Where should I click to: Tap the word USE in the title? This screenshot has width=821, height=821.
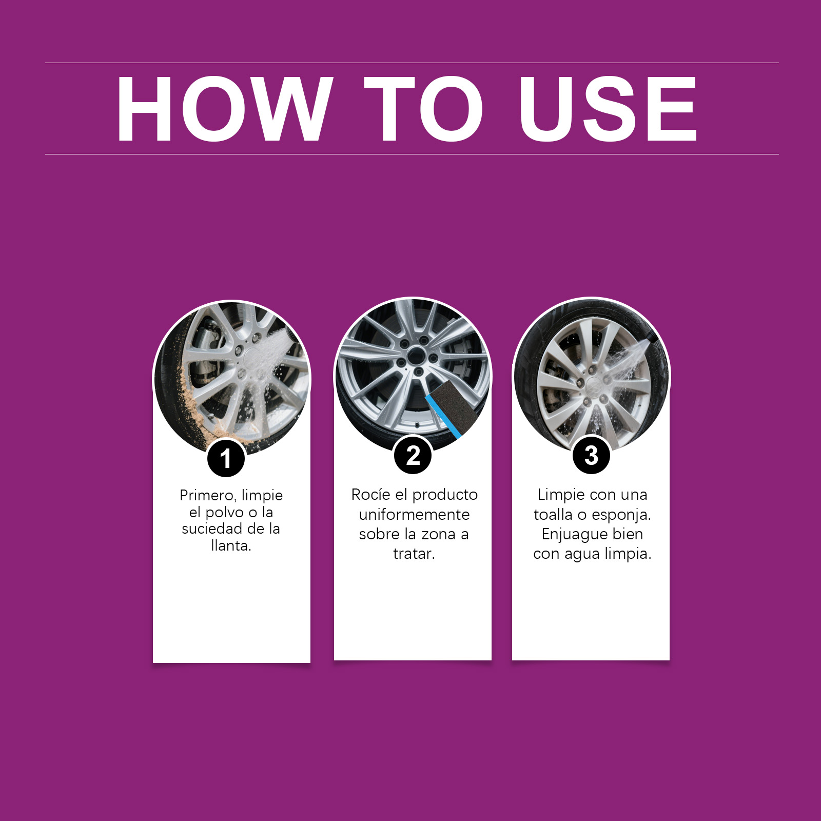click(608, 108)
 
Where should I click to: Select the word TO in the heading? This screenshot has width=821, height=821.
click(424, 108)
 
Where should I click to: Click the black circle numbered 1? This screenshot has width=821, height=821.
click(226, 458)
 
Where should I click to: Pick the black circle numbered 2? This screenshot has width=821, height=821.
click(413, 456)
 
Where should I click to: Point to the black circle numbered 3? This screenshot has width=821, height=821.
click(591, 455)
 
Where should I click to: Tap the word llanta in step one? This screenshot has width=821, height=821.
click(229, 545)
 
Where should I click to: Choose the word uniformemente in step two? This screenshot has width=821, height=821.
click(414, 515)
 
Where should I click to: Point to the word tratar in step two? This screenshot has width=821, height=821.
click(412, 554)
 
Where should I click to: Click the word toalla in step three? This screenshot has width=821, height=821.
click(553, 515)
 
